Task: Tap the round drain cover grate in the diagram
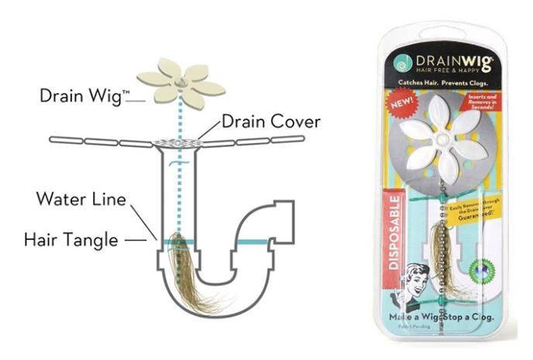tap(179, 142)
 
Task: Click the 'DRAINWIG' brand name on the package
tap(453, 60)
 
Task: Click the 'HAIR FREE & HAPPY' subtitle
tap(453, 71)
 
